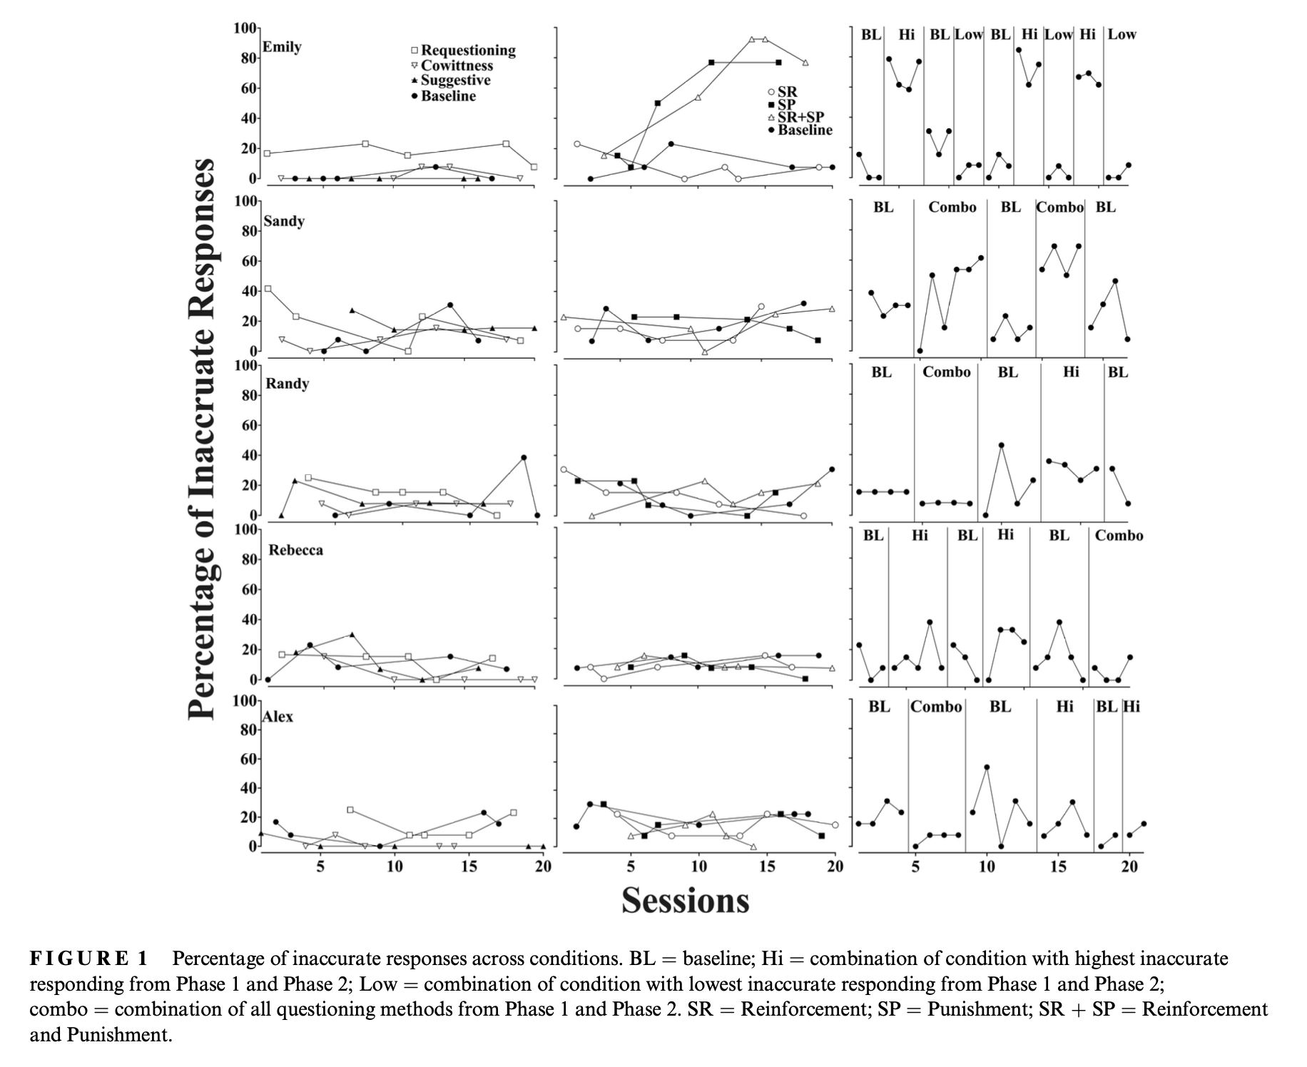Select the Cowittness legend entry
[452, 66]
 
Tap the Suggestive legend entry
[450, 81]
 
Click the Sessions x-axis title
[685, 900]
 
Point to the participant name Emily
[282, 47]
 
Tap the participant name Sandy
[284, 221]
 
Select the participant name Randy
[288, 384]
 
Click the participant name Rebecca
[295, 550]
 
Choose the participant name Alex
[278, 717]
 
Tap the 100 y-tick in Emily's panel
[245, 29]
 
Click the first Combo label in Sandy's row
[952, 208]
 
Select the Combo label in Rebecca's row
[1119, 536]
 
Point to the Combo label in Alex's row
[937, 707]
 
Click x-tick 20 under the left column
[543, 867]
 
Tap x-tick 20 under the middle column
[835, 867]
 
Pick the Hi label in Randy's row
[1071, 372]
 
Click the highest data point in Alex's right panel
[987, 767]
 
